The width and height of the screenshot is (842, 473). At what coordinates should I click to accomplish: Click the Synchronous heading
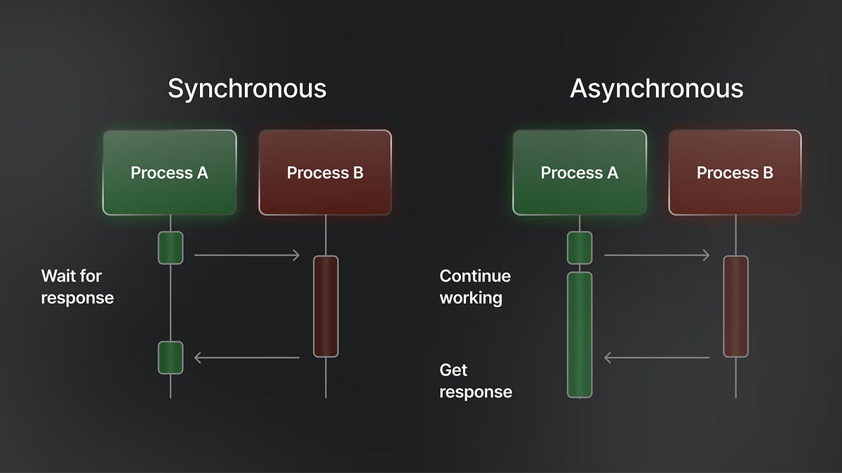(x=247, y=89)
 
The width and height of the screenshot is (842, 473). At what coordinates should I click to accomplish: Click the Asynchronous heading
(x=657, y=89)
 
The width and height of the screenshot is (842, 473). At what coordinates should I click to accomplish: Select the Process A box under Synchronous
(x=170, y=172)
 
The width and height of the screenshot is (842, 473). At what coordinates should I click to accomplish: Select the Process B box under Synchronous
(x=325, y=172)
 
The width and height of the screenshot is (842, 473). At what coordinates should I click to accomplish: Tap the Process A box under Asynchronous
(x=580, y=172)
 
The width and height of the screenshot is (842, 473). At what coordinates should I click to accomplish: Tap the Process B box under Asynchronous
(x=735, y=172)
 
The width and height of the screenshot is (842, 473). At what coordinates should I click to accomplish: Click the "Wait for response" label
(x=77, y=287)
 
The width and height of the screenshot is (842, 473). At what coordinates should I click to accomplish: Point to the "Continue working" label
(x=475, y=287)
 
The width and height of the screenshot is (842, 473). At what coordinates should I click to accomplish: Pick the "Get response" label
(x=476, y=381)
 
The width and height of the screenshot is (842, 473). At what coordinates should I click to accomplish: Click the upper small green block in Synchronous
(x=171, y=248)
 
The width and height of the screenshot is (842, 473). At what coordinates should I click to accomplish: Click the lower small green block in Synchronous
(x=171, y=357)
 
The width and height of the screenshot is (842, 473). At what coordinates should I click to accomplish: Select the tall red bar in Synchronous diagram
(x=326, y=306)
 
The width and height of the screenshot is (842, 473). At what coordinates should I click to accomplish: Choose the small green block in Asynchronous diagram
(x=580, y=248)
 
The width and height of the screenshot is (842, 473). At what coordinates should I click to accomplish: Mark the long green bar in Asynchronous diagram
(x=580, y=334)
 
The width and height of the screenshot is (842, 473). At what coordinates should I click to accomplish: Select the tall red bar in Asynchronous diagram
(x=735, y=306)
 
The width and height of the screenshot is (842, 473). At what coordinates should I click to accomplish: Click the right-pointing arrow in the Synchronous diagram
(x=247, y=256)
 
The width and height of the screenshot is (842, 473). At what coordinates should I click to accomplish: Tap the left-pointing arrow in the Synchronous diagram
(x=247, y=358)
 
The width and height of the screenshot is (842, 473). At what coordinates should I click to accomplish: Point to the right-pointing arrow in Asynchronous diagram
(x=657, y=256)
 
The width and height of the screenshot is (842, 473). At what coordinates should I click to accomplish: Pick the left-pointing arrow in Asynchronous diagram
(x=657, y=358)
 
